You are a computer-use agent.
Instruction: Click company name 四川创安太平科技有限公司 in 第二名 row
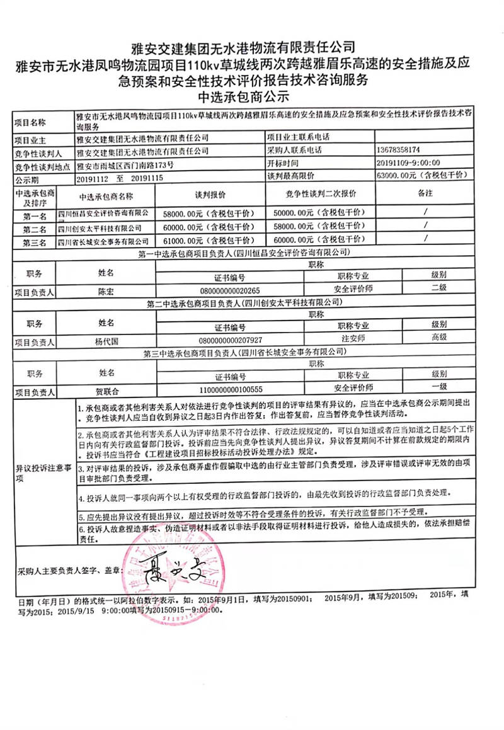click(103, 227)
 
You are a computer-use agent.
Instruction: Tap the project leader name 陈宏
click(106, 292)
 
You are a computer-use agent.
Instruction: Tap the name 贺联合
click(106, 391)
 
